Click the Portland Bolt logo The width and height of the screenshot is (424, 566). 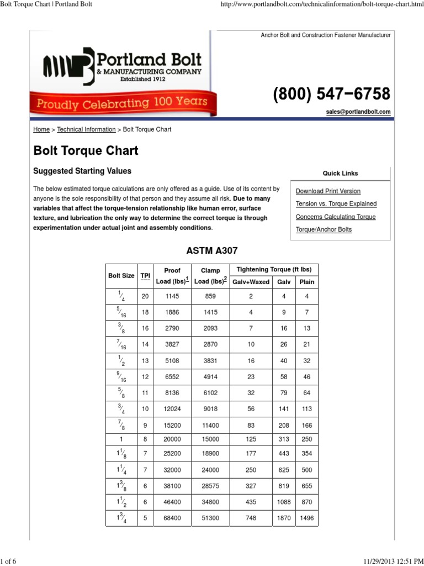coord(119,66)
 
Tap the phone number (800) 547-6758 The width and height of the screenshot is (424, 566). coord(331,93)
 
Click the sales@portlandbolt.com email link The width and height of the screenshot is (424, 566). coord(358,112)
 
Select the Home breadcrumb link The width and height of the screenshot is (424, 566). coord(41,129)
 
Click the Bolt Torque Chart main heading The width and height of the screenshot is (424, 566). coord(86,150)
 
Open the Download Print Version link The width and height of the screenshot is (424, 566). coord(328,191)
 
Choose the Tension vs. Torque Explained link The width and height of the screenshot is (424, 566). coord(336,204)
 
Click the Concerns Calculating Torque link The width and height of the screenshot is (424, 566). coord(336,217)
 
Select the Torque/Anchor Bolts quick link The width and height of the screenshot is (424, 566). coord(324,229)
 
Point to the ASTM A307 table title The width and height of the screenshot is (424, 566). coord(212,250)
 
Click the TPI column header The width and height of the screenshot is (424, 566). coord(145,275)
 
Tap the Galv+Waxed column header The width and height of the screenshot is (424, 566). coord(251,282)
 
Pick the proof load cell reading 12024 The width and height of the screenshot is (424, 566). coord(172,409)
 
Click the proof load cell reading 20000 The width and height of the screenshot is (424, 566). coord(172,439)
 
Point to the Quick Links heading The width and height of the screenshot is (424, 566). coord(340,173)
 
